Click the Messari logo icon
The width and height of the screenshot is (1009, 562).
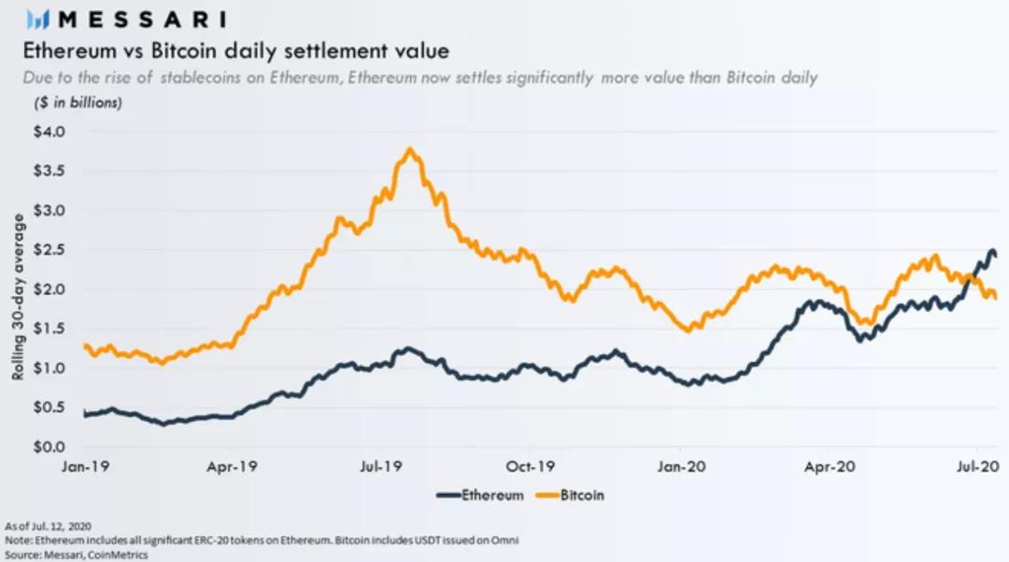click(x=36, y=20)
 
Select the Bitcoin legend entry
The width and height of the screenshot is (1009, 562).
click(x=582, y=495)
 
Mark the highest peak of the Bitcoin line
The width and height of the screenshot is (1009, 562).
click(x=409, y=148)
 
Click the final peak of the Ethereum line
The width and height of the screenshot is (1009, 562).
click(x=990, y=250)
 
